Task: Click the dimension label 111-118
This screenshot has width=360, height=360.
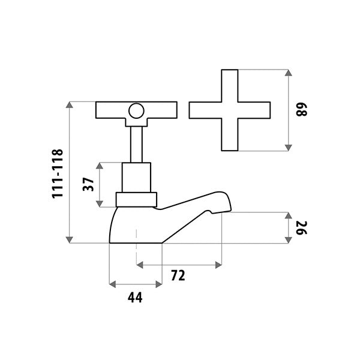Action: (57, 173)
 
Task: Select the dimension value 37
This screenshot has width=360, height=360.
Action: (89, 184)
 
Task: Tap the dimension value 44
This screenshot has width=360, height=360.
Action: (135, 298)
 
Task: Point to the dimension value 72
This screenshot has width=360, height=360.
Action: (178, 275)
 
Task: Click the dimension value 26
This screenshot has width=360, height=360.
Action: (301, 228)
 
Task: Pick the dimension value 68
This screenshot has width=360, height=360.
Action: (301, 110)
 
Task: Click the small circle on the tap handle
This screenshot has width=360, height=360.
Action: (136, 111)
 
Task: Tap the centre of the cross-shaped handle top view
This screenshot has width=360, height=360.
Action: (230, 110)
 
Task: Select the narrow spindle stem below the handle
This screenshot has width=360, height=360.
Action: (136, 145)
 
